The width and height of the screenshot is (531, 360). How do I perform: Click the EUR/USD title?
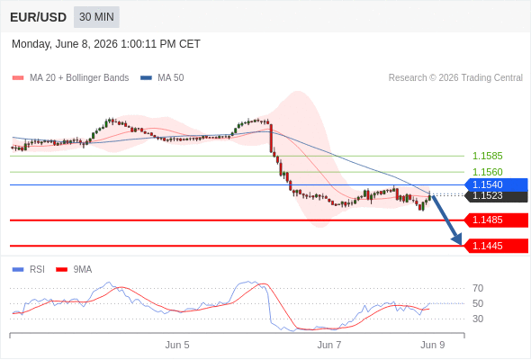tap(39, 17)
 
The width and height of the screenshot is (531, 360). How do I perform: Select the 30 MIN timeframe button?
tap(96, 17)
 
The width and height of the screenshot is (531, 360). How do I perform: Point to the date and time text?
tap(106, 44)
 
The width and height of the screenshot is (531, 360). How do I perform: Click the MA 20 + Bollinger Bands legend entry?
tap(70, 78)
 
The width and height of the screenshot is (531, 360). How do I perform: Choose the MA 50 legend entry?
tap(162, 78)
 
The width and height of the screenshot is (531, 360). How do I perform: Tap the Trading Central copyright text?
tap(455, 78)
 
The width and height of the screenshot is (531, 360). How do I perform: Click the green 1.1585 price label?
tap(487, 156)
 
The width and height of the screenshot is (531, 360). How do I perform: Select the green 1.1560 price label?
tap(487, 172)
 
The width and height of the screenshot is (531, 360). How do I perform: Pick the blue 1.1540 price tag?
tap(496, 184)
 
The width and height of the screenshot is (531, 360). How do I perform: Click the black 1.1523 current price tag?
tap(497, 196)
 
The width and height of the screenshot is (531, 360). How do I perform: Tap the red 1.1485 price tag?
tap(496, 220)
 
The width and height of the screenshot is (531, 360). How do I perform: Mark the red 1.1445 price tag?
tap(496, 246)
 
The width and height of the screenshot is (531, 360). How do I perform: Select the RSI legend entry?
tap(29, 270)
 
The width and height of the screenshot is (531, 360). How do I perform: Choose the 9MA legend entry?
tap(74, 270)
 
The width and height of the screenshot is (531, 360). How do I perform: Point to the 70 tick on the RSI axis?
tap(478, 289)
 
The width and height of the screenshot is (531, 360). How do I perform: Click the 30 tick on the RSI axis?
tap(478, 319)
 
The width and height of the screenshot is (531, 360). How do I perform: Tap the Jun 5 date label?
tap(177, 345)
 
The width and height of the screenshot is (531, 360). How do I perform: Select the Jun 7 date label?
tap(329, 345)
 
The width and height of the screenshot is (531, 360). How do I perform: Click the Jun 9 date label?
tap(433, 345)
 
